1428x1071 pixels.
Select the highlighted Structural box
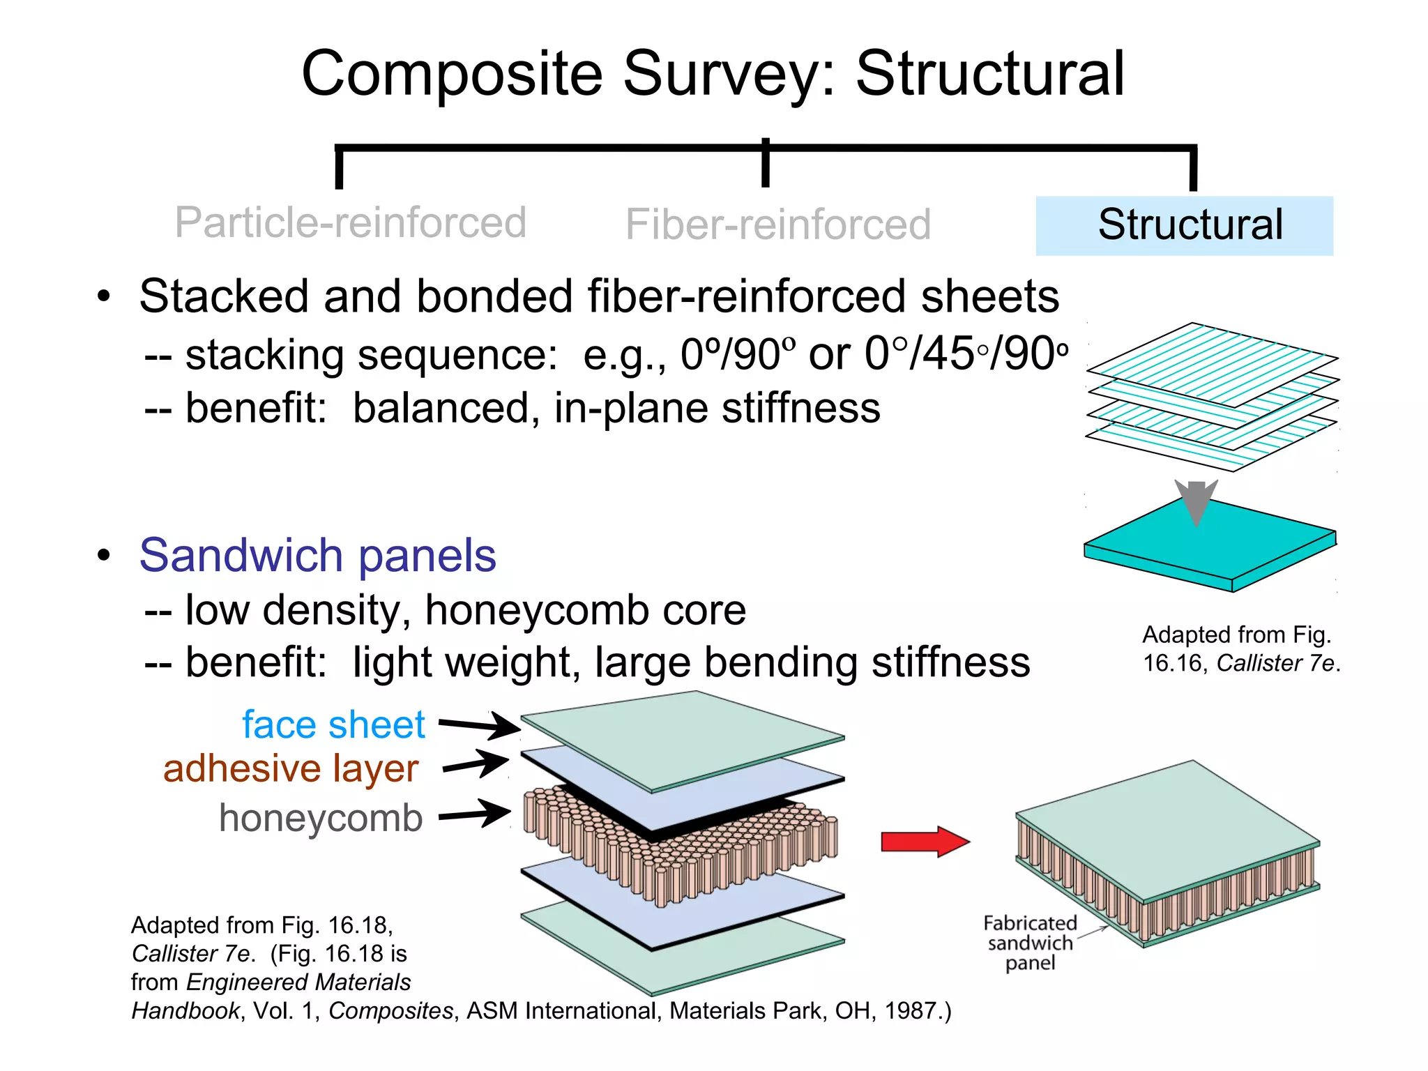tap(1184, 225)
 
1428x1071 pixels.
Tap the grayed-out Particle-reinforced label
tap(350, 222)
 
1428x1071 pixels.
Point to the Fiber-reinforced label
tap(777, 225)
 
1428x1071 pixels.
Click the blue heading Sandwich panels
tap(317, 555)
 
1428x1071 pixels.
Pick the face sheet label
tap(333, 724)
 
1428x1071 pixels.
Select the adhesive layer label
tap(291, 768)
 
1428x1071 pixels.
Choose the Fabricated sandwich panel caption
tap(1030, 943)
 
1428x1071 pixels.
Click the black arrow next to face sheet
tap(479, 726)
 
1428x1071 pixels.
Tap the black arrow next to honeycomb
tap(475, 814)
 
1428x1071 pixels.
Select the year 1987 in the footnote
tap(909, 1010)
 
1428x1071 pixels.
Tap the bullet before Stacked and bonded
tap(104, 296)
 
